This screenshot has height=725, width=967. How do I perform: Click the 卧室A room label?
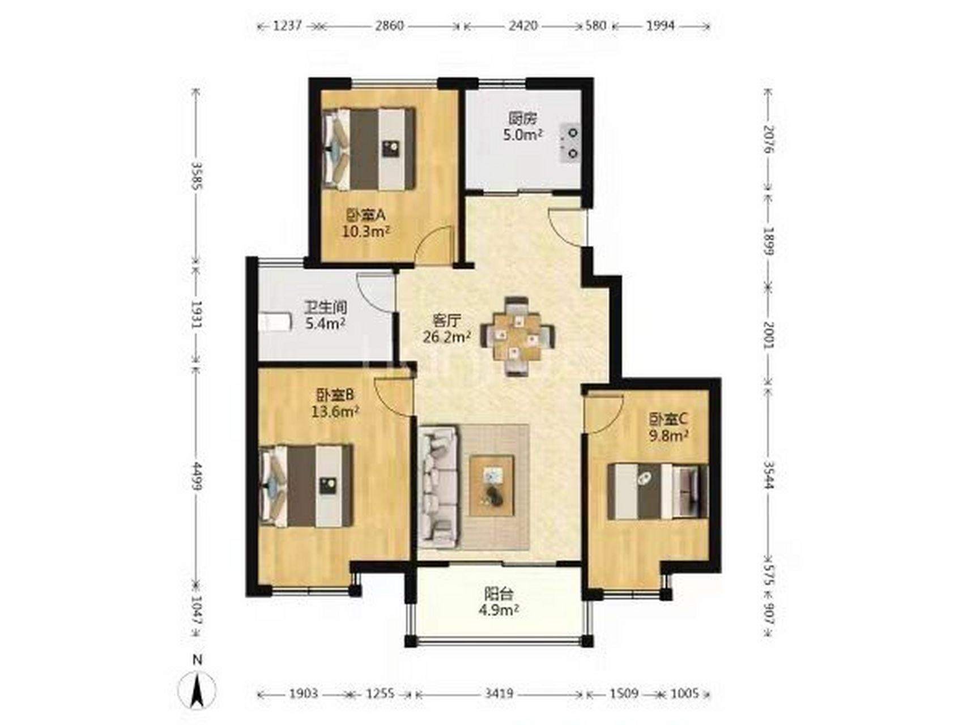(x=365, y=215)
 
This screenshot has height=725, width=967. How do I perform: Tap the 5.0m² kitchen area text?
(x=523, y=135)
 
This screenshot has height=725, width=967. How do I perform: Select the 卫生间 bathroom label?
(x=325, y=308)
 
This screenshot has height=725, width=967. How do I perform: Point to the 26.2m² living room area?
(x=447, y=338)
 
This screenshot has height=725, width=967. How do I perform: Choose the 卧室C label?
(x=668, y=419)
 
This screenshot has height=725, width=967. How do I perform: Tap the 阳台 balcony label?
(x=499, y=594)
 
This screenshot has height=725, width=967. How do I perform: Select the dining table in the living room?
(x=518, y=336)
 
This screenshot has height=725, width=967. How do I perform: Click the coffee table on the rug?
(x=491, y=485)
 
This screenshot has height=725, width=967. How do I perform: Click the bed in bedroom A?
(x=368, y=149)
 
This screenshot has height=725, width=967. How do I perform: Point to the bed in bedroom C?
(x=657, y=491)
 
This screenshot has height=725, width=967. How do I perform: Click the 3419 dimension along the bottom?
(x=499, y=694)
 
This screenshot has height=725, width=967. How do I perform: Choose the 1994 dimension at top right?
(x=660, y=25)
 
